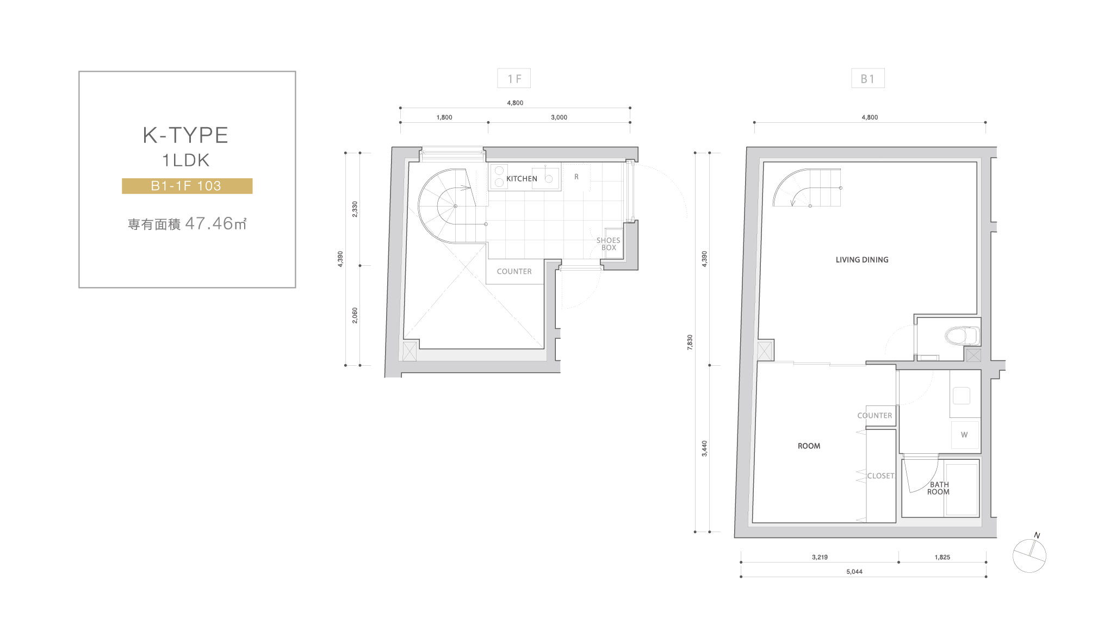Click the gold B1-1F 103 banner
pos(187,186)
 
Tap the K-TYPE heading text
pos(185,135)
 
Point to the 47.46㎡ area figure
pos(216,223)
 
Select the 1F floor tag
pos(514,78)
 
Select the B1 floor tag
pos(868,78)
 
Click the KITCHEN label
pos(522,179)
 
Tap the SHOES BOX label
pos(608,244)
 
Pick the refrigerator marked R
pos(576,177)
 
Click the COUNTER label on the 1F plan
pos(514,272)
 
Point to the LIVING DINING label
pos(862,260)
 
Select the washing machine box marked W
pos(965,435)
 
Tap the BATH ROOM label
pos(939,488)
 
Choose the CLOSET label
pos(880,476)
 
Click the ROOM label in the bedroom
pos(809,446)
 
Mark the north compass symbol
pos(1030,555)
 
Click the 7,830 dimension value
pos(690,342)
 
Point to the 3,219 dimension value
pos(820,557)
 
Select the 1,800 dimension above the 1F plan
pos(444,117)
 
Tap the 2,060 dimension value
pos(355,316)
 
